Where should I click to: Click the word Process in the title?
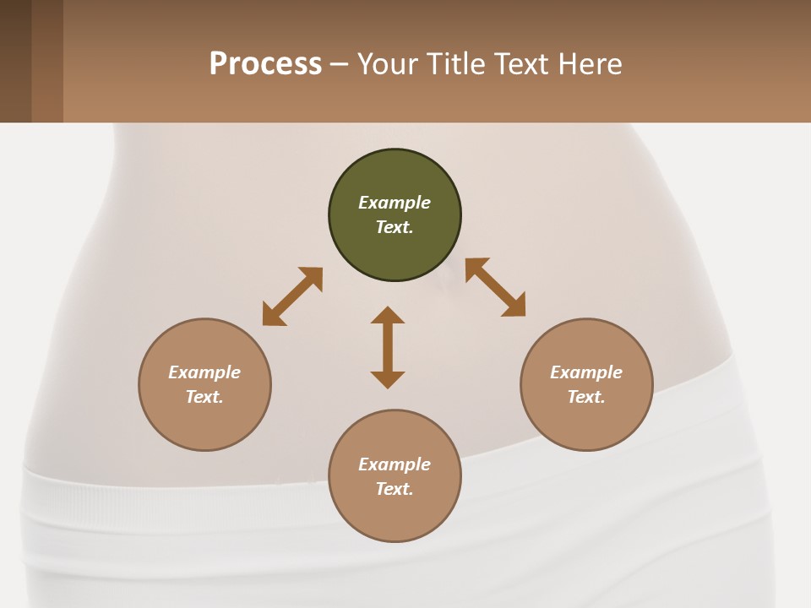[x=265, y=64]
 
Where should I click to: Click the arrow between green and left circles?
[x=292, y=296]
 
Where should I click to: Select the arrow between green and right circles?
[x=496, y=288]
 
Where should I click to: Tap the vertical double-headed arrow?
[x=388, y=347]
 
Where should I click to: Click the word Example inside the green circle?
[x=395, y=203]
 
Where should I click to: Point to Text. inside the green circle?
[x=395, y=227]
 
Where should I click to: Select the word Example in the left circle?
[x=204, y=372]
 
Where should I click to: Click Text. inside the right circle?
[x=586, y=397]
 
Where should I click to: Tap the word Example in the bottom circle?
[x=395, y=464]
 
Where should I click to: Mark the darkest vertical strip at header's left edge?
[x=15, y=61]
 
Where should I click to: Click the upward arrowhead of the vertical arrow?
[x=388, y=315]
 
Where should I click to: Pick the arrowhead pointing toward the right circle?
[x=514, y=306]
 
